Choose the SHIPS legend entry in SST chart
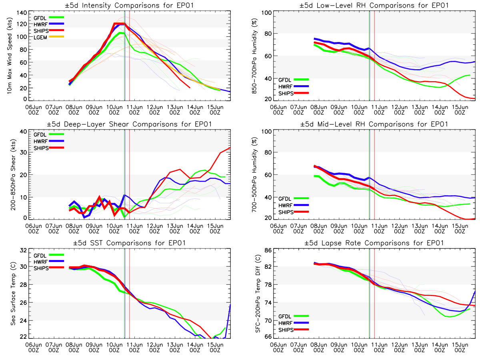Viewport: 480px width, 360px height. (42, 268)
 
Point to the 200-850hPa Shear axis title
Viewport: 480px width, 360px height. (10, 175)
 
